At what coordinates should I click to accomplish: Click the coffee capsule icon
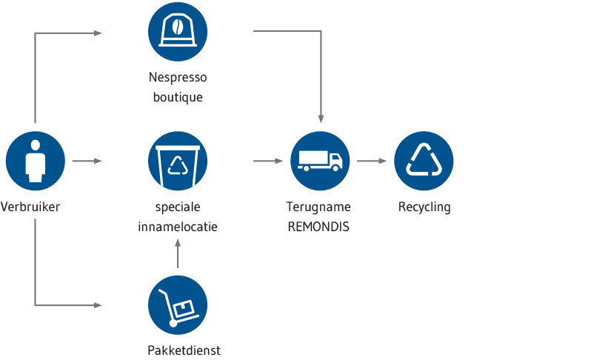(x=178, y=32)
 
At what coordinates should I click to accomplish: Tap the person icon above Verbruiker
(x=36, y=161)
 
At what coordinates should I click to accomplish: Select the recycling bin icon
(x=178, y=161)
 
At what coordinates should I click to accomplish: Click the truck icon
(x=320, y=161)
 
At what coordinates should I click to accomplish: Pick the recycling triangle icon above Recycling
(x=424, y=161)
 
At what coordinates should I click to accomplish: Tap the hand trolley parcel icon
(x=178, y=305)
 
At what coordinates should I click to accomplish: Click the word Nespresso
(x=178, y=78)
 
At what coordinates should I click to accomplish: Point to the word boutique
(x=178, y=97)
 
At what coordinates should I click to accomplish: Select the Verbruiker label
(x=30, y=207)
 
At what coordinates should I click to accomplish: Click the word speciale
(x=178, y=207)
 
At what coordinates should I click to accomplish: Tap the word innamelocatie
(x=178, y=227)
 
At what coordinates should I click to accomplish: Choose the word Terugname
(x=318, y=207)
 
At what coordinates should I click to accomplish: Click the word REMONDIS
(x=318, y=227)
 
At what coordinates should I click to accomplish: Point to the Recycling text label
(x=424, y=207)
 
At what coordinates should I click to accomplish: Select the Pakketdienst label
(x=184, y=350)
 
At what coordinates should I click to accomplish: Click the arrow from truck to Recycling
(x=372, y=161)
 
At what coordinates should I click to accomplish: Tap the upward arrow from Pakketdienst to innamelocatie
(x=178, y=253)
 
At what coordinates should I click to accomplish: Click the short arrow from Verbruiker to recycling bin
(x=87, y=161)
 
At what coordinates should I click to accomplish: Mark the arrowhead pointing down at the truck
(x=321, y=119)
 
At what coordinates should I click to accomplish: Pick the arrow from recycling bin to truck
(x=268, y=161)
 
